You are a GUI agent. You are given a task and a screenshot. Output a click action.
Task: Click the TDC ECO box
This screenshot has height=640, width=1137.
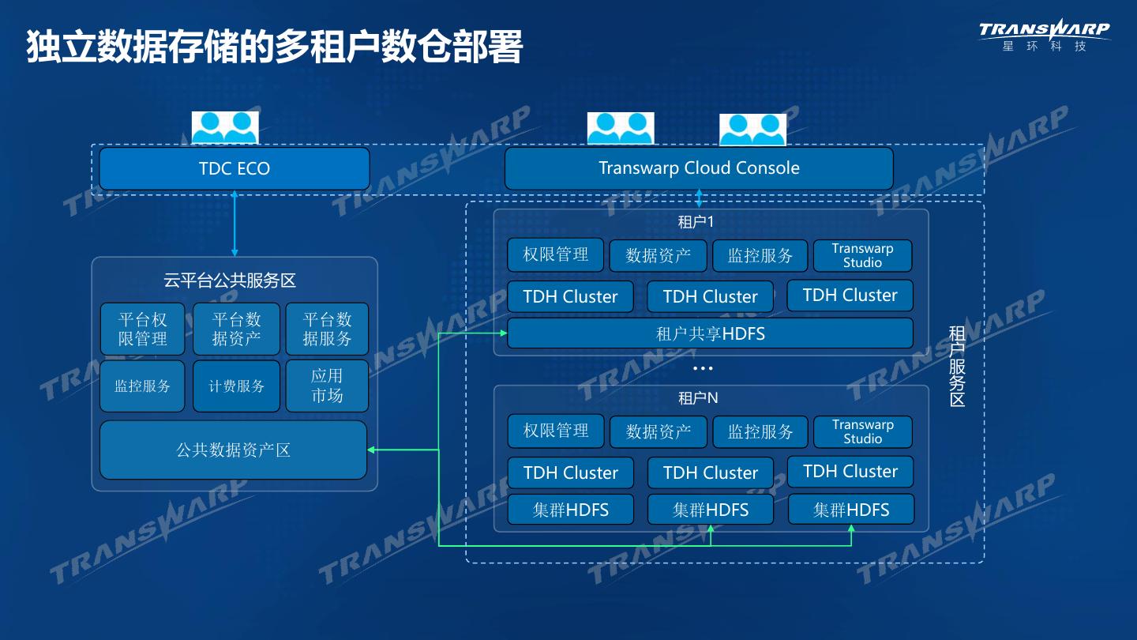point(235,168)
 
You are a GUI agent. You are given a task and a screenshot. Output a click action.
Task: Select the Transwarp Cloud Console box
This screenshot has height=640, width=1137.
point(699,168)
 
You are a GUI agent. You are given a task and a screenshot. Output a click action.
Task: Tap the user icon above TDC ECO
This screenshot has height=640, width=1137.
point(225,127)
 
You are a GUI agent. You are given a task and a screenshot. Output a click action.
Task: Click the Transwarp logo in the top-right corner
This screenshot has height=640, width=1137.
point(1044,35)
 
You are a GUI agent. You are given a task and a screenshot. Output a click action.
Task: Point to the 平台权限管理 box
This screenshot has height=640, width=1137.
point(143,329)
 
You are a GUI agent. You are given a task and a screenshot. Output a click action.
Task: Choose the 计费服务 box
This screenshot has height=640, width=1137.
point(236,386)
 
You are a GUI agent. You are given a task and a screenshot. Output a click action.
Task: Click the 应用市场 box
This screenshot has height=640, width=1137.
point(327,386)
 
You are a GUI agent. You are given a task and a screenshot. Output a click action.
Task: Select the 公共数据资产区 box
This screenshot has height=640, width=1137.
point(233,450)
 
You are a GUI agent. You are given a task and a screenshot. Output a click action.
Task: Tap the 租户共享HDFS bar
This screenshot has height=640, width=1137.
point(710,333)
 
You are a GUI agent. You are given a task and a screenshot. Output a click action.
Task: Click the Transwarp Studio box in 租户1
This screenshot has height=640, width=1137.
point(862,255)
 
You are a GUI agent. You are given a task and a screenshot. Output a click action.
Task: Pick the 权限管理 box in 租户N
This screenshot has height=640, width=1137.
point(556,431)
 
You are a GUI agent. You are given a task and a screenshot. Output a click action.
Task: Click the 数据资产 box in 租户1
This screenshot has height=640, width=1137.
point(658,255)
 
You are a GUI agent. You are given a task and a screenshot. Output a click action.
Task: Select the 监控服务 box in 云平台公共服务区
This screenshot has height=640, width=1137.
point(142,386)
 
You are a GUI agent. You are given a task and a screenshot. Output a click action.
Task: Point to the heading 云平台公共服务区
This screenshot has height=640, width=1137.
point(230,280)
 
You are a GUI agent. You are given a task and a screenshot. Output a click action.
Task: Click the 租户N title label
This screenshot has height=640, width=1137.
point(698,398)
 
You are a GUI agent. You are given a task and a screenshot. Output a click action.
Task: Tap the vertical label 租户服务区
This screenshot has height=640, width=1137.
point(957,366)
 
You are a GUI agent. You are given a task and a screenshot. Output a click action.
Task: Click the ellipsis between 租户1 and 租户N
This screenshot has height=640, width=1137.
point(703,368)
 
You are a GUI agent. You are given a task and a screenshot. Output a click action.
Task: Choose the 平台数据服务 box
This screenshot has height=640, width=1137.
point(327,329)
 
